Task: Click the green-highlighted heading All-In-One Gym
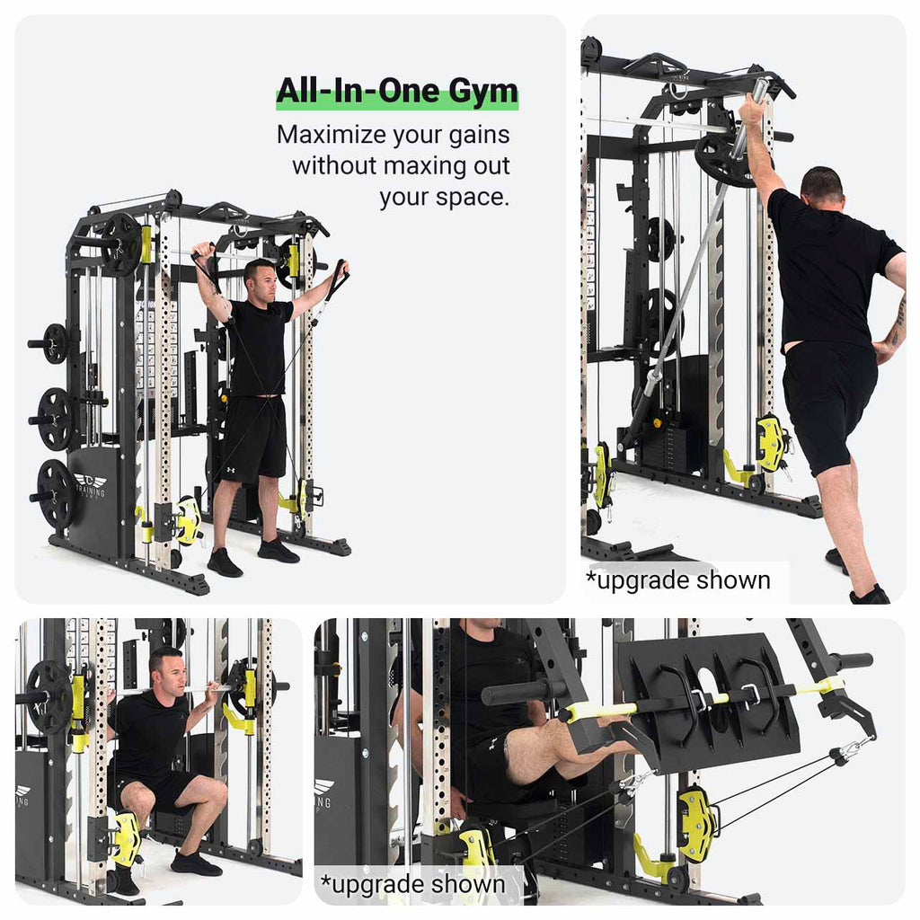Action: [396, 93]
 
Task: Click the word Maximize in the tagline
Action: [329, 136]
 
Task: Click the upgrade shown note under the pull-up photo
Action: [678, 580]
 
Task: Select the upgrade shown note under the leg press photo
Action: [413, 885]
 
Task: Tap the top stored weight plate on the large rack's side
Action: [56, 343]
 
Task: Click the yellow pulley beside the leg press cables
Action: [697, 822]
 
